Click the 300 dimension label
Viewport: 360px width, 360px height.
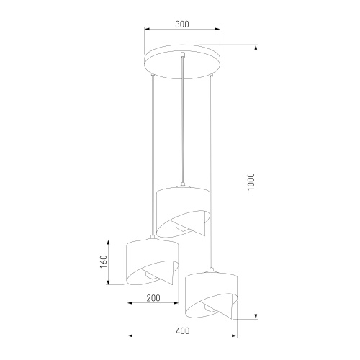coord(181,24)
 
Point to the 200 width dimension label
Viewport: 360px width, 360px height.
coord(153,297)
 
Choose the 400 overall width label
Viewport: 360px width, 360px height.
coord(182,330)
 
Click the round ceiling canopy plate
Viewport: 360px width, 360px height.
coord(182,60)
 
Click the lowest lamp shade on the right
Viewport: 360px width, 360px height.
coord(212,295)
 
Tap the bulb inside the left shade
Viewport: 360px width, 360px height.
coord(148,276)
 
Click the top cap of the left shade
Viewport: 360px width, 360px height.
coord(153,238)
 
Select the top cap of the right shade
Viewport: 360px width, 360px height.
coord(212,271)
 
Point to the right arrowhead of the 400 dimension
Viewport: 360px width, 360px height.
coord(237,336)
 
